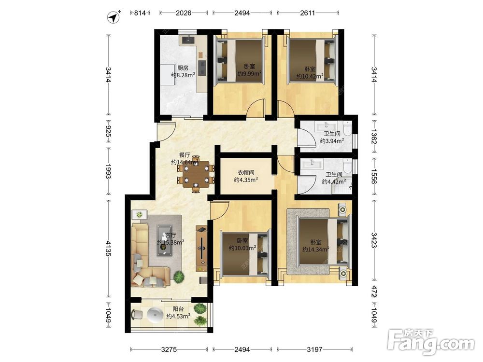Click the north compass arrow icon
coord(114,17)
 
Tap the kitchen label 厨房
coord(183,68)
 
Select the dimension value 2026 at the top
coord(183,13)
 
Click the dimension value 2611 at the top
coord(307,13)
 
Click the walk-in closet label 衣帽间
coord(246,173)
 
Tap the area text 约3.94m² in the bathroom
coord(332,141)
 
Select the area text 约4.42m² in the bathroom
coord(334,181)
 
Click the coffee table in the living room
coord(165,240)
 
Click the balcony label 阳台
coord(178,309)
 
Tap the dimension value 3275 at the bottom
coord(169,349)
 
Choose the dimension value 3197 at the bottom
coord(314,349)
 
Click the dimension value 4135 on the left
coord(108,248)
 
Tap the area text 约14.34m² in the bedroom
coord(316,250)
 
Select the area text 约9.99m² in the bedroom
coord(250,73)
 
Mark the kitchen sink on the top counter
coord(188,40)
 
